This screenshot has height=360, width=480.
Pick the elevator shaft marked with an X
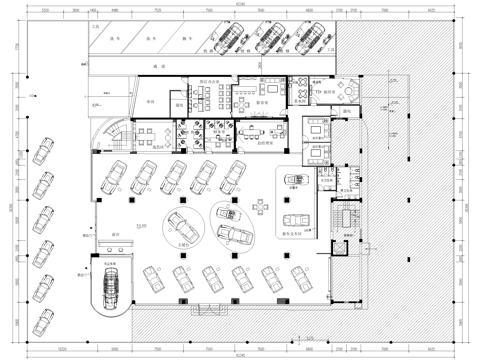pos(348,217)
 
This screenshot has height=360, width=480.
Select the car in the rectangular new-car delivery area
pos(295,222)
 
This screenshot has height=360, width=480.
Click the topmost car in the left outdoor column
pos(43,152)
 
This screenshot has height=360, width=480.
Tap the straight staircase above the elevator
pos(348,192)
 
